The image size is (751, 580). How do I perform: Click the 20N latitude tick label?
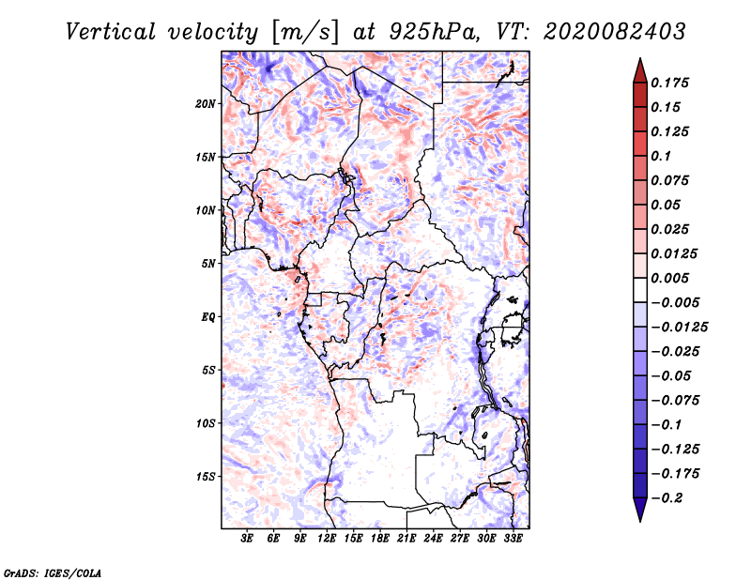tap(205, 104)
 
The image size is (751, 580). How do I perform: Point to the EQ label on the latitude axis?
tap(207, 317)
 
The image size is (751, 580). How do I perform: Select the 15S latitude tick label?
tap(206, 477)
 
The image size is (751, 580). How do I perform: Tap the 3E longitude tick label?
tap(247, 539)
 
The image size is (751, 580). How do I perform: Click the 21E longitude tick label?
tap(406, 539)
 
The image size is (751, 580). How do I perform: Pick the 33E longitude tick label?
tap(513, 539)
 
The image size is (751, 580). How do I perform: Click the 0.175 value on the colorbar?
tap(669, 83)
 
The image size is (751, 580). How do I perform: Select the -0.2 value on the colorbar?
tap(667, 498)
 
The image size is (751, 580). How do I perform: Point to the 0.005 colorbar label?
tap(669, 278)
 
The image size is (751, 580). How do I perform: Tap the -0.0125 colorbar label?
tap(679, 328)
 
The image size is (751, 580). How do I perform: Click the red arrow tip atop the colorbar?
tap(640, 59)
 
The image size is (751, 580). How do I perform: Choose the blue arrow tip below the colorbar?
tap(640, 521)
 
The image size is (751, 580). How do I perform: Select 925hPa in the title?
tap(434, 32)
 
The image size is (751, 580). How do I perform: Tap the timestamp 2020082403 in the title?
tap(615, 32)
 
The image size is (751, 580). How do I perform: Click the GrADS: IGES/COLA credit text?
tap(53, 573)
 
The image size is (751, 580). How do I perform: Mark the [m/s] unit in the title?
tap(305, 33)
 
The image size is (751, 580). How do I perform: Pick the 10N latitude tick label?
tap(205, 210)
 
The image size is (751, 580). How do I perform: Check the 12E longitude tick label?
tap(326, 539)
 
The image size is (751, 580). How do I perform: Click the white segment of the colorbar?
tap(640, 290)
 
